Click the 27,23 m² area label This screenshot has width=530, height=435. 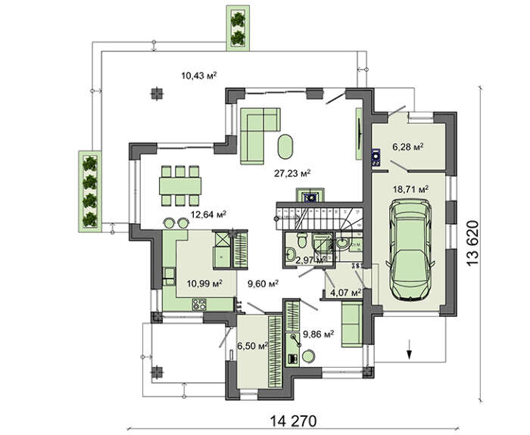tap(293, 172)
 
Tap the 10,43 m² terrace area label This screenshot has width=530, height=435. tap(198, 75)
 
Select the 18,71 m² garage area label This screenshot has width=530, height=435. tap(411, 189)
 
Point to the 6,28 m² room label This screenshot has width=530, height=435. tap(406, 146)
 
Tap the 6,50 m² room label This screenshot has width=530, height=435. tap(253, 346)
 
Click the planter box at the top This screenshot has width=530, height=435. tap(238, 27)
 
